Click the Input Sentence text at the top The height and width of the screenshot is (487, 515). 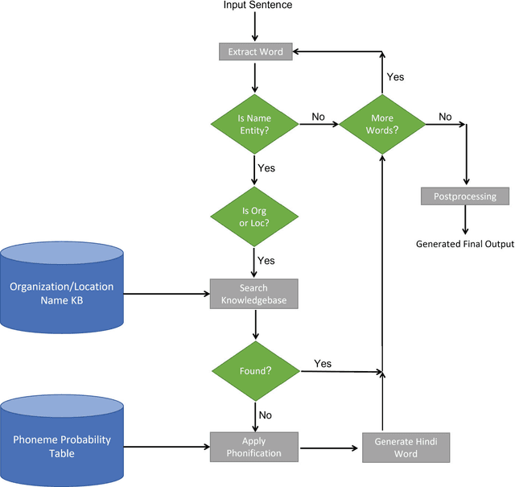tap(257, 6)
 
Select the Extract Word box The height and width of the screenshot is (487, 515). tap(254, 52)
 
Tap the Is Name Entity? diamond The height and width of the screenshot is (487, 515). tap(254, 123)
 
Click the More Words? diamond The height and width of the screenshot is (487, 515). tap(382, 123)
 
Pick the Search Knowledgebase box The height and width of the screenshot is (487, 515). tap(254, 294)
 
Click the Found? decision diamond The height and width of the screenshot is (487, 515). tap(254, 371)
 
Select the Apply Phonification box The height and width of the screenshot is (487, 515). tap(254, 447)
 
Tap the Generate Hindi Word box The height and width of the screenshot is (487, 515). tap(406, 447)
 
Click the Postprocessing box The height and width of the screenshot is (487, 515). tap(465, 196)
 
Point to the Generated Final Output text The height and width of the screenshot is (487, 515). tap(464, 243)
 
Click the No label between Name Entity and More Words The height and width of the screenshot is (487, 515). tap(319, 117)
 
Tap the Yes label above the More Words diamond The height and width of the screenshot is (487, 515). tap(395, 76)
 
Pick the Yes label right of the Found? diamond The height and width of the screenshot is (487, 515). tap(323, 364)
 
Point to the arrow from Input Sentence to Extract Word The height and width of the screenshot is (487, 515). tap(254, 27)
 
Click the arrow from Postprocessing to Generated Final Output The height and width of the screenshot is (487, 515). tap(465, 219)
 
